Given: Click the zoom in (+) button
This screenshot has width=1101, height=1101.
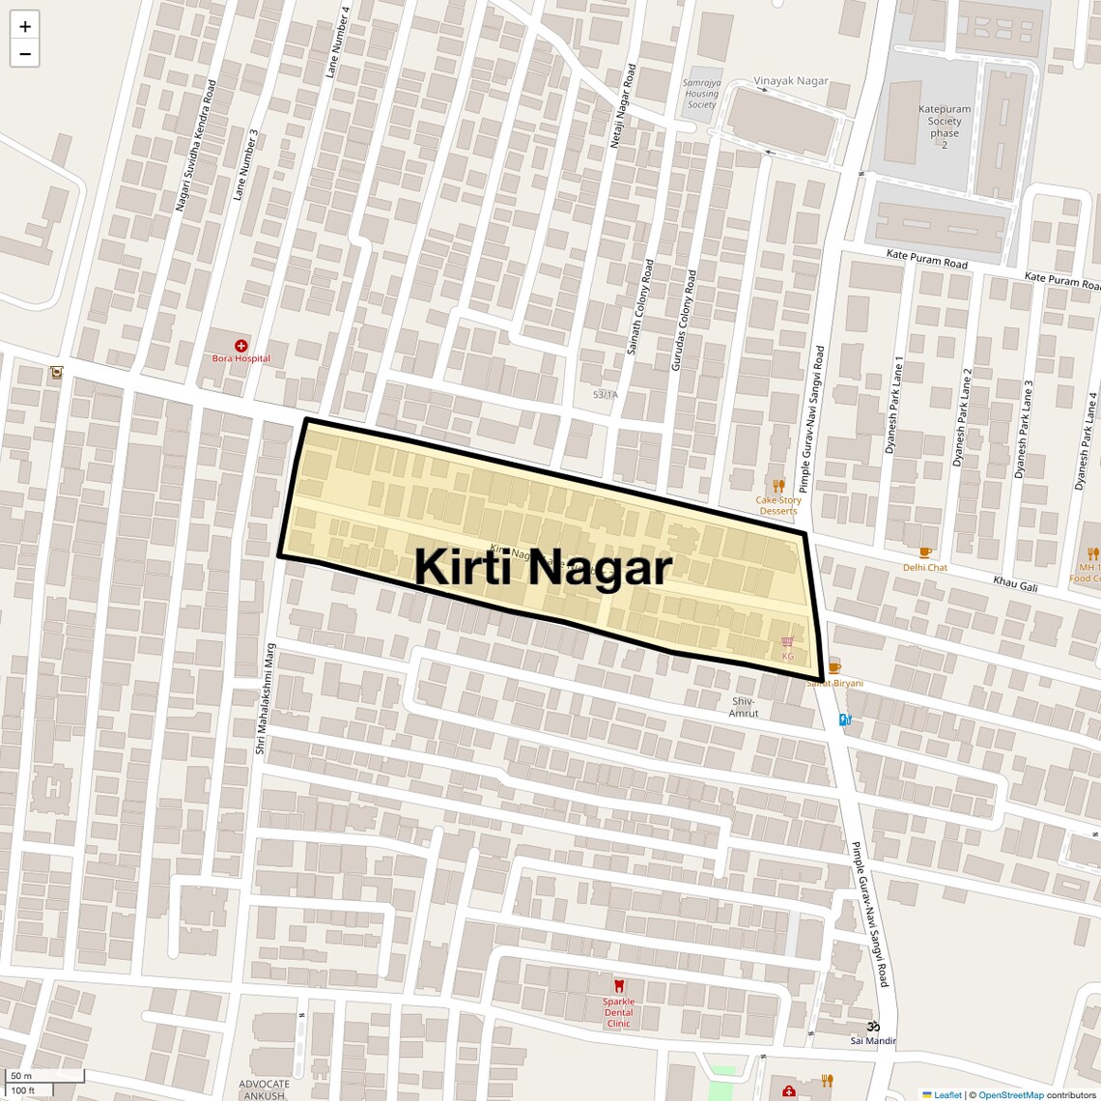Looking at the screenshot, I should [25, 26].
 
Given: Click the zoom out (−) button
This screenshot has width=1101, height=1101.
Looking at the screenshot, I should [25, 54].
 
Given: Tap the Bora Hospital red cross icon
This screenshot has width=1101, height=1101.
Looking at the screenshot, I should [241, 345].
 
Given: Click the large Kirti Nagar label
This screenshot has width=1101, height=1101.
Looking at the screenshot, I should [543, 567].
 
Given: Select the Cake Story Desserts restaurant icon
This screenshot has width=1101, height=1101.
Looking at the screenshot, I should [778, 486].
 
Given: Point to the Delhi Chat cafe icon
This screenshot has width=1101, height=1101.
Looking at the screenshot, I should [925, 553].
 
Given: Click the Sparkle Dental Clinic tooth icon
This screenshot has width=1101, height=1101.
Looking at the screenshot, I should [619, 986].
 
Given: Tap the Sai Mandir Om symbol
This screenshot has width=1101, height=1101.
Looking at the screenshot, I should [873, 1026].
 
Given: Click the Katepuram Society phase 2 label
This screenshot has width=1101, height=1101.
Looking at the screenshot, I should [945, 127].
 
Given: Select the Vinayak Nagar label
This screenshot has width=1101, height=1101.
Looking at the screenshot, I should [791, 81].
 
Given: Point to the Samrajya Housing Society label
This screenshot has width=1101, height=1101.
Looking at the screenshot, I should [701, 94].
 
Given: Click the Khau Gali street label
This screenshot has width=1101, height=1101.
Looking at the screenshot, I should [1015, 583].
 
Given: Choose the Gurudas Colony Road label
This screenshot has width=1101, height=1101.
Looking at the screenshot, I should [684, 321].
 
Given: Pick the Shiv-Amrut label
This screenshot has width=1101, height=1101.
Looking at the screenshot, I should [743, 707].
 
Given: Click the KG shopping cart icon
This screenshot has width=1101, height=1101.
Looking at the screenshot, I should [788, 641].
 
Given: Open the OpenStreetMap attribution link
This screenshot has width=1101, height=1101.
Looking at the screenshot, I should [1010, 1094].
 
